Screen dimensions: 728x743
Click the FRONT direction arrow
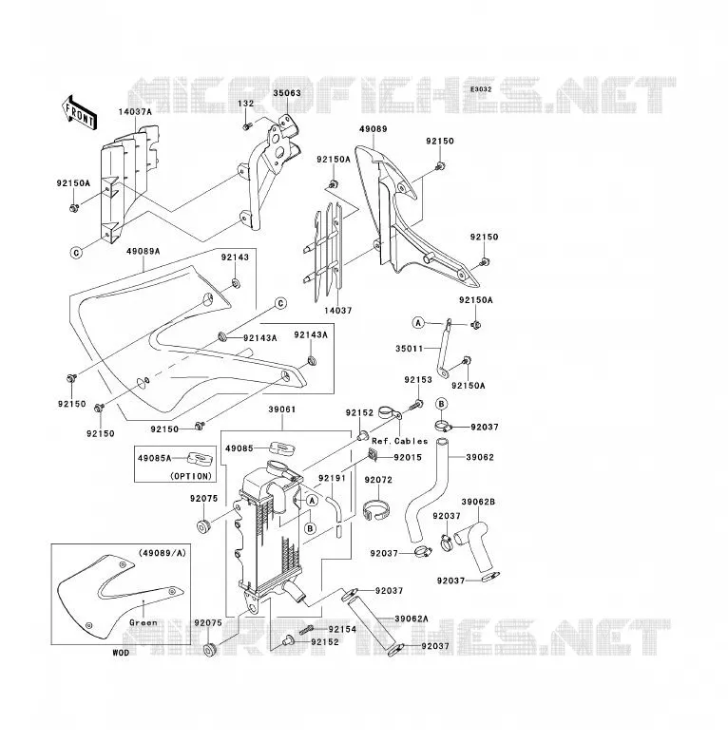80,113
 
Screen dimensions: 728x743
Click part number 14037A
135,112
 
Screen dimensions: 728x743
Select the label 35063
287,93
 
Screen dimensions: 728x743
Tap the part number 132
246,104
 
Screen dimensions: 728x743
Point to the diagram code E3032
481,89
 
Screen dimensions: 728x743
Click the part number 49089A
144,251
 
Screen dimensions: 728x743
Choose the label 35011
410,349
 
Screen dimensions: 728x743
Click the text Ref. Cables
399,441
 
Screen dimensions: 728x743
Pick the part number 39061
282,410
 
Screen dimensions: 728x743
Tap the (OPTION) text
191,476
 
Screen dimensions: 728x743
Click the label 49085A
155,458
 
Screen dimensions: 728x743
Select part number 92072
378,480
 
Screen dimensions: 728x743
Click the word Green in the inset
144,622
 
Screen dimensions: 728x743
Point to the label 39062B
478,502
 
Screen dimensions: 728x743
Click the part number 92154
342,629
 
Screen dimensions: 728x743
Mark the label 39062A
412,619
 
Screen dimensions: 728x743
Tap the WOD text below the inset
121,653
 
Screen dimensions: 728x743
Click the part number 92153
418,380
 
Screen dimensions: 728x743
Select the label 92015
408,457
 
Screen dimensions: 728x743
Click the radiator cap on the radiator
278,467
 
